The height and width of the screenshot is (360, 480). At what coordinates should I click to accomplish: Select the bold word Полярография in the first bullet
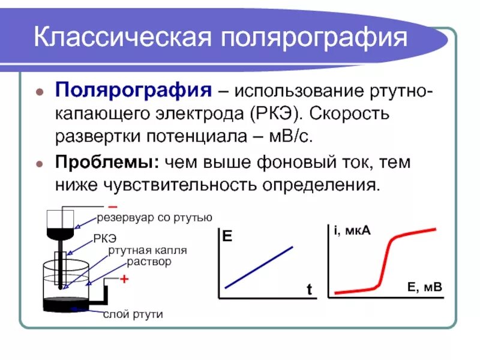point(133,92)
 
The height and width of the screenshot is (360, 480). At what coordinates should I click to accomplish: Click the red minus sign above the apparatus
point(112,208)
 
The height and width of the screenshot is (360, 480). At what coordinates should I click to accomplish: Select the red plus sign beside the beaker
point(125,279)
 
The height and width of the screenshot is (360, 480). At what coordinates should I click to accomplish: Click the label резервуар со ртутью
point(155,217)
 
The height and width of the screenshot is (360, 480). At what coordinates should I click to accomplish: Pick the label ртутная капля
point(148,250)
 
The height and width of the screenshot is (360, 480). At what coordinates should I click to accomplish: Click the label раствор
point(148,262)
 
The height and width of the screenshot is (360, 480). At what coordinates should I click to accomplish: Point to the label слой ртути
point(133,314)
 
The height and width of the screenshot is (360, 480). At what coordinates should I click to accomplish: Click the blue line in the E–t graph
point(259,267)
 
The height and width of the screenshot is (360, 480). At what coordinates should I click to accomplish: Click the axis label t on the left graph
point(310,290)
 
